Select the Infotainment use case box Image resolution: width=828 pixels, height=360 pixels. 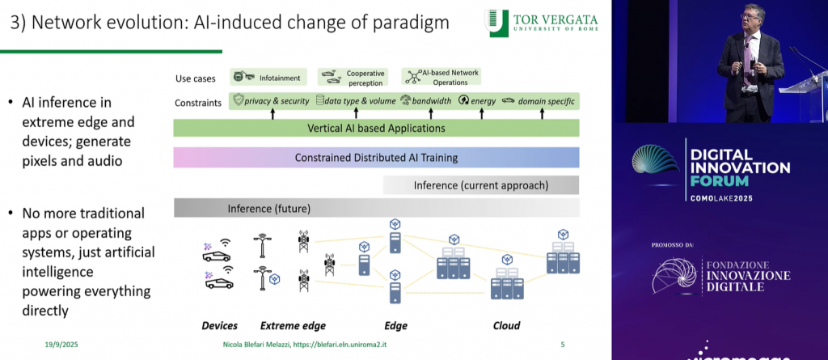[x=268, y=78]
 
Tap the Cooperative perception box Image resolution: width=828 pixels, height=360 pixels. [x=353, y=78]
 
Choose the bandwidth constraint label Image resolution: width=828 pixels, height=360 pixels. [x=427, y=101]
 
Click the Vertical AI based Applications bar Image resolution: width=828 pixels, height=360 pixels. [x=376, y=128]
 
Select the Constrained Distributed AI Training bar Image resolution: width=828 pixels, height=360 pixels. [x=376, y=157]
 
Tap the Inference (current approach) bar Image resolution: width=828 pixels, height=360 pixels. [x=480, y=185]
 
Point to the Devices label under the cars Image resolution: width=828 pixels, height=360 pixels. [x=219, y=326]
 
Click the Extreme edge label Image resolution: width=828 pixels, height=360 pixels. [x=293, y=326]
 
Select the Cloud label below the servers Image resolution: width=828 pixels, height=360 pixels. [x=506, y=326]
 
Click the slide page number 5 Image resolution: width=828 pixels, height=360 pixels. [x=562, y=345]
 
